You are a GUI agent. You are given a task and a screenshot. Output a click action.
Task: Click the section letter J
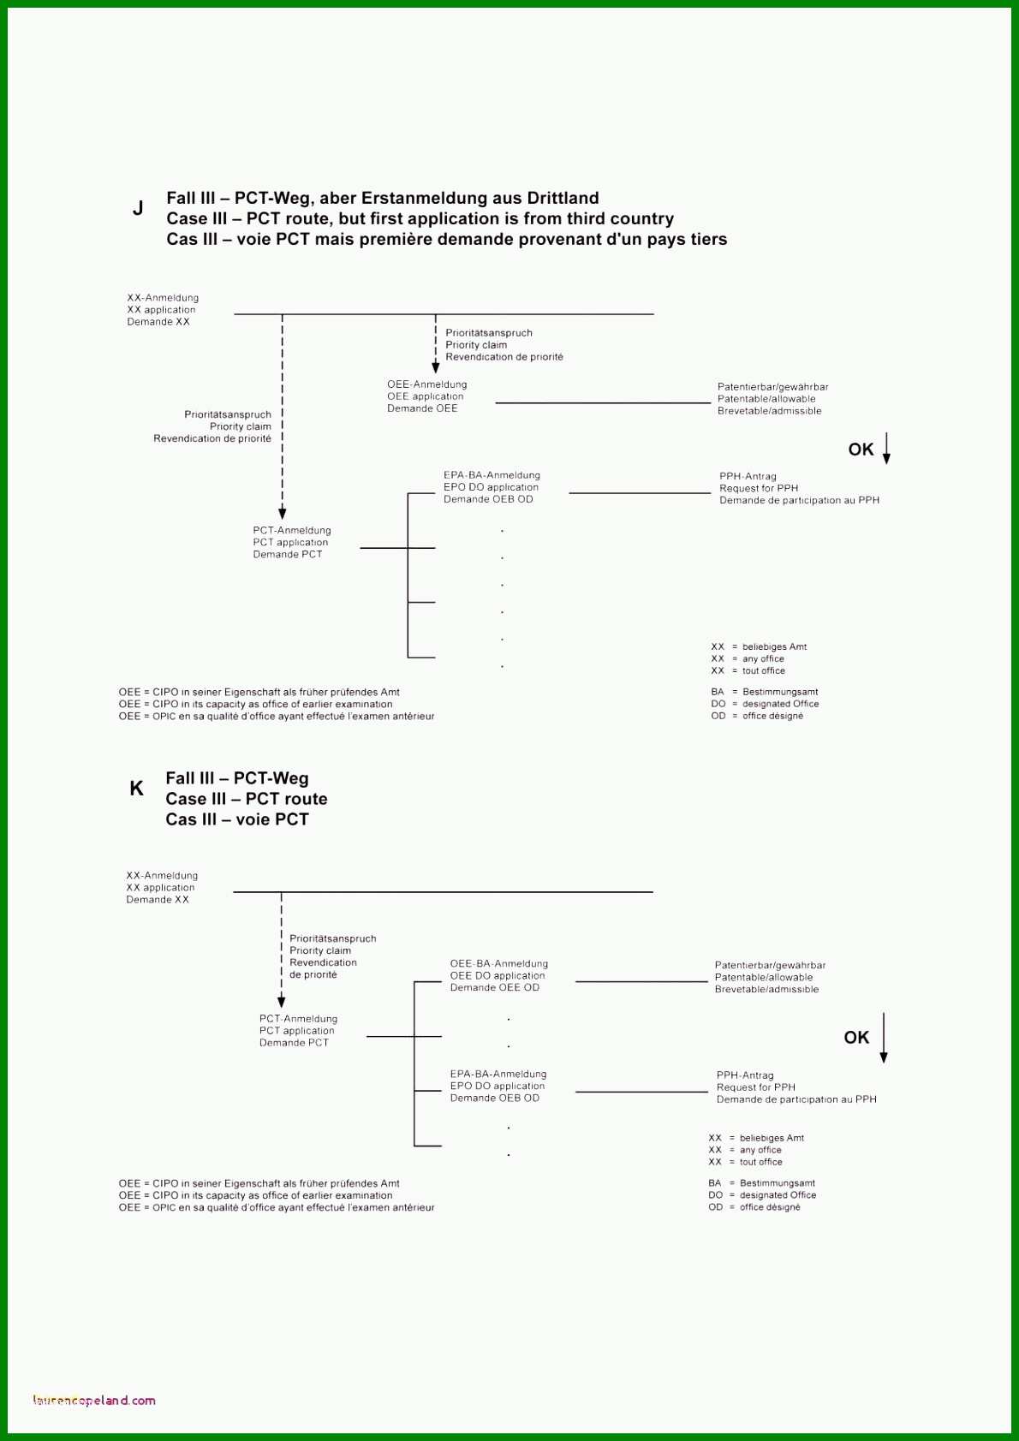point(138,208)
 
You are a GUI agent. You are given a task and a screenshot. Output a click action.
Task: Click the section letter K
point(136,788)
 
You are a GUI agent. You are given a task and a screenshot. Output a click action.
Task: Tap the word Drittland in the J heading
point(563,198)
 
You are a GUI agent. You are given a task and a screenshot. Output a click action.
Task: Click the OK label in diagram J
point(861,449)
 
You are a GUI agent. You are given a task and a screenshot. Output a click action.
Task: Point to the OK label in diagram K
point(856,1037)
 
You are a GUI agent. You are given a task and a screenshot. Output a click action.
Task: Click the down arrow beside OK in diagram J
point(886,449)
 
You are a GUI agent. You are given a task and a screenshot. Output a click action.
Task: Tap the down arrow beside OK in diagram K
point(884,1038)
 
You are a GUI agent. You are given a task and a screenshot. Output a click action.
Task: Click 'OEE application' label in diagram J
point(426,396)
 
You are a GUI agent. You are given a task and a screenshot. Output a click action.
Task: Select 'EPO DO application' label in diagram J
point(491,487)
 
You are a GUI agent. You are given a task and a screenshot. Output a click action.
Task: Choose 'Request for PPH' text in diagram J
point(759,488)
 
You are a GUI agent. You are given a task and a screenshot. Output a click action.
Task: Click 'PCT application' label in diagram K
point(296,1031)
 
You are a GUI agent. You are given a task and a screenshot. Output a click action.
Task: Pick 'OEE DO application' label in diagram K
point(498,975)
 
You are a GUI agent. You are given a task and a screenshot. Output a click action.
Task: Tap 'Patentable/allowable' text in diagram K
point(764,977)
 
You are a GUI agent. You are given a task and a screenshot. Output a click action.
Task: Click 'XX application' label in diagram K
point(160,887)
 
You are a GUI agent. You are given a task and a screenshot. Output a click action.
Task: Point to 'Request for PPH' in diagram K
point(756,1087)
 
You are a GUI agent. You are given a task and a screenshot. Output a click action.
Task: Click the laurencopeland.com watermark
point(94,1401)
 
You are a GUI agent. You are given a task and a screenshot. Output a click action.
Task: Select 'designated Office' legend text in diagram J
point(780,704)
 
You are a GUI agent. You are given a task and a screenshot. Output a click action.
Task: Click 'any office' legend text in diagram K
point(760,1150)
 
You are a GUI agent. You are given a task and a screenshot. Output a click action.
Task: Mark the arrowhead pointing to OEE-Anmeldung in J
point(436,367)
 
